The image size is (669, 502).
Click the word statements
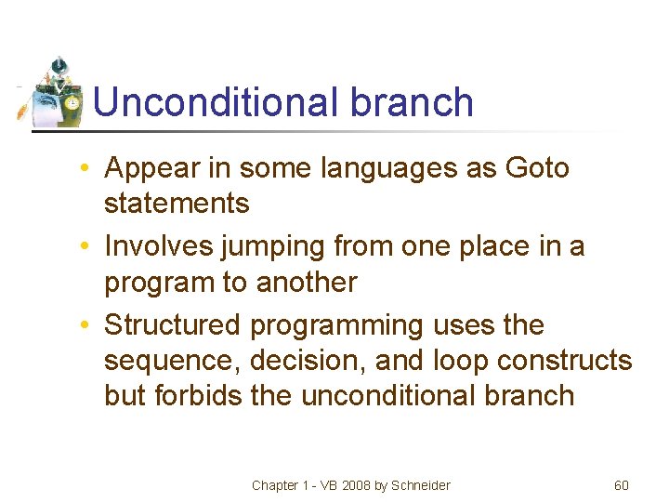pos(177,203)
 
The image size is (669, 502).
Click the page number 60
pos(622,485)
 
